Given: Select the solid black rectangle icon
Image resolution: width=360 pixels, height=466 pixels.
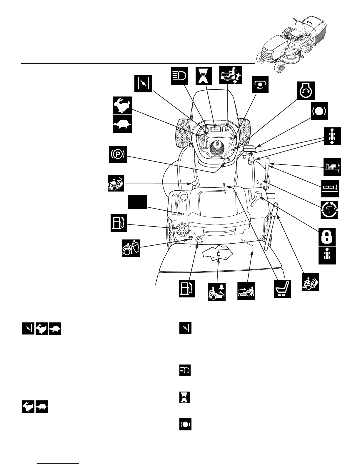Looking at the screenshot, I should coord(137,203).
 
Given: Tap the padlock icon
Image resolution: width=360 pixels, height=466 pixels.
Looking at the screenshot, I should coord(327,237).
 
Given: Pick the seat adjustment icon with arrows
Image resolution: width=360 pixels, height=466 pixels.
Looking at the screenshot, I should coord(282,289).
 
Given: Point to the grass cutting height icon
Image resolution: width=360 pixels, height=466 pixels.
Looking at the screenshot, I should coord(332,167).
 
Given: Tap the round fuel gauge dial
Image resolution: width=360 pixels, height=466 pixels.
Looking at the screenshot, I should coord(200,240).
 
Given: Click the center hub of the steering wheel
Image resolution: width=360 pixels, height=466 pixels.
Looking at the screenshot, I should coord(217,143).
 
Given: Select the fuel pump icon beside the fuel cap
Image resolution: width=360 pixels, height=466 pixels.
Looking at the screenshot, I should coord(119,223).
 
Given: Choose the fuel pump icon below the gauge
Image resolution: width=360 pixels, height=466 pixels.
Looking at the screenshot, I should coord(187,289).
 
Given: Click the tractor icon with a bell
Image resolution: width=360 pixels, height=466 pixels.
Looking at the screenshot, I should coord(217,292).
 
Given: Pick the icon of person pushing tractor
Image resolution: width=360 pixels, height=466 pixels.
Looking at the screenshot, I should coord(246,291).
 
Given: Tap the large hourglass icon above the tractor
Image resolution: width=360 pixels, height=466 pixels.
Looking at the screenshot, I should coord(204,75).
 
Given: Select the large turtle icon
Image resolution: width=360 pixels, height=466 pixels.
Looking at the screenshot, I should coord(123,124).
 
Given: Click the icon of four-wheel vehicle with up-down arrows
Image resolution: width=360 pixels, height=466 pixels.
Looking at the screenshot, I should coord(332,136).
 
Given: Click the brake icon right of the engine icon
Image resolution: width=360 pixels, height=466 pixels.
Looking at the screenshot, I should coord(319,111).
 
